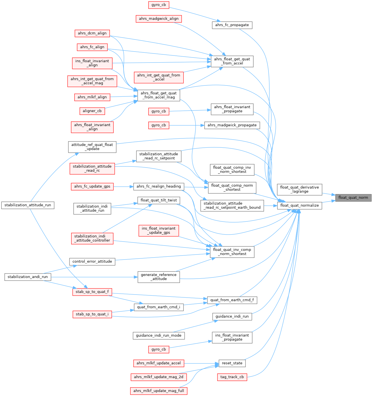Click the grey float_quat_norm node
coord(353,198)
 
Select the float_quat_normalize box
coord(299,205)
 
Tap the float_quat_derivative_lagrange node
coord(299,189)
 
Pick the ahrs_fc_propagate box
coord(232,25)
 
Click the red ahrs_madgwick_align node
coord(159,19)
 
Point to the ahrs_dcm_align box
coord(92,33)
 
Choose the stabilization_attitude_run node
coord(28,205)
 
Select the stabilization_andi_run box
coord(27,277)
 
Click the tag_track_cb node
coord(232,377)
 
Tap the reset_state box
coord(232,363)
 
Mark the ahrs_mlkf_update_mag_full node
coord(159,391)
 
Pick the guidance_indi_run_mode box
coord(159,335)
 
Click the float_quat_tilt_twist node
coord(159,200)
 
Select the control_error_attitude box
coord(92,261)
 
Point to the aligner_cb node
coord(92,111)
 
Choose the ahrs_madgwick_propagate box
coord(232,125)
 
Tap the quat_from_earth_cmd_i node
coord(159,307)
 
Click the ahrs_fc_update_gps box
coord(92,186)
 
